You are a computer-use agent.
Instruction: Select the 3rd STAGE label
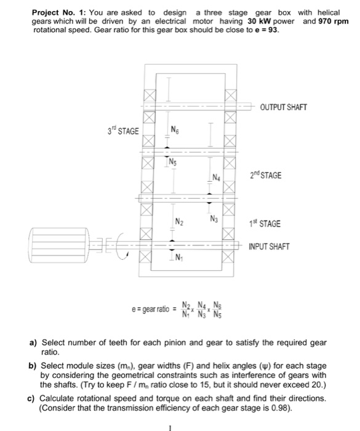click(124, 131)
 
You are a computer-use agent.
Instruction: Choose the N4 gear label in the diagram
click(216, 179)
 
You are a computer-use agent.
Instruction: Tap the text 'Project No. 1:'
click(59, 12)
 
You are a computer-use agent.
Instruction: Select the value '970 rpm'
click(334, 21)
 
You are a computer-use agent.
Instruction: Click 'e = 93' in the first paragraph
click(265, 30)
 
